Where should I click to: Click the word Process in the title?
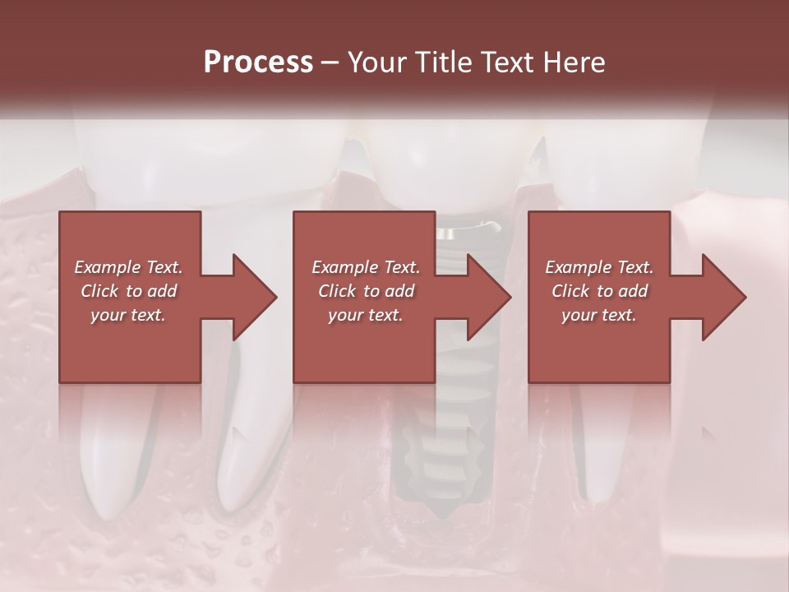click(x=258, y=62)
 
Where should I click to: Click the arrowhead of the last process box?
click(x=722, y=297)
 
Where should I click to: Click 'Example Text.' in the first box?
click(x=128, y=267)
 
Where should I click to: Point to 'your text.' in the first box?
click(x=128, y=315)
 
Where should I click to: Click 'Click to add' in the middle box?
click(x=366, y=291)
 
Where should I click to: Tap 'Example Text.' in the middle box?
click(x=366, y=267)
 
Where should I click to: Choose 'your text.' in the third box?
click(x=599, y=315)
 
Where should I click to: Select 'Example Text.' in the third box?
click(x=599, y=267)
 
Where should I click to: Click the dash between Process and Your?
click(x=330, y=62)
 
